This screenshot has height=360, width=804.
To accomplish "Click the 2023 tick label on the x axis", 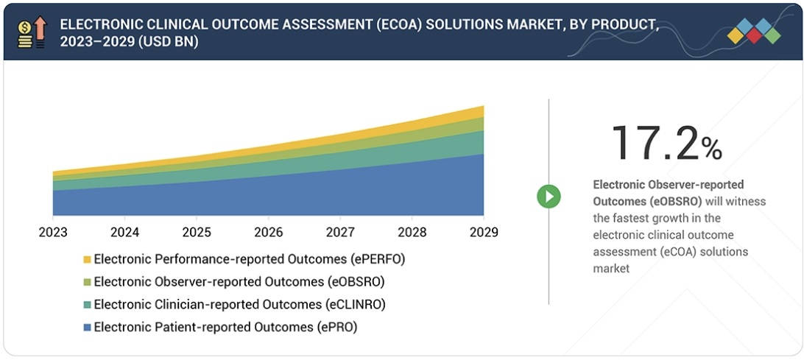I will point(53,233).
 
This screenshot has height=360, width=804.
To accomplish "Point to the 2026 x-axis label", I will point(268,233).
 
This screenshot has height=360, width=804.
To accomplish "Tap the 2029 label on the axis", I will point(483,233).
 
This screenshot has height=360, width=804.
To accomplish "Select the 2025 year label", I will point(196,233).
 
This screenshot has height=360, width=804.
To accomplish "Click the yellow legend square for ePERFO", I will point(87,259).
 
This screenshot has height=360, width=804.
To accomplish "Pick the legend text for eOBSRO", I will point(239,281).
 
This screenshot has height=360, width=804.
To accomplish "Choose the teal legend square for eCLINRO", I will point(87,304).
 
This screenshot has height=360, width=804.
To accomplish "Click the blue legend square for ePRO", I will point(87,327).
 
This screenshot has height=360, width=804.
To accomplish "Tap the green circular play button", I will point(549,196).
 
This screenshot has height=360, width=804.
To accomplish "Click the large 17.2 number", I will point(654,143).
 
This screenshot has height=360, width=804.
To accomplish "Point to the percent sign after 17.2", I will point(711,149).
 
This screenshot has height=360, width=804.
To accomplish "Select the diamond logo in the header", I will point(753,31).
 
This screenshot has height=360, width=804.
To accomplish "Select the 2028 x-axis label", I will point(412,233).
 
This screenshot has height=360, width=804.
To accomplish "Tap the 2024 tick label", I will point(124,233).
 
